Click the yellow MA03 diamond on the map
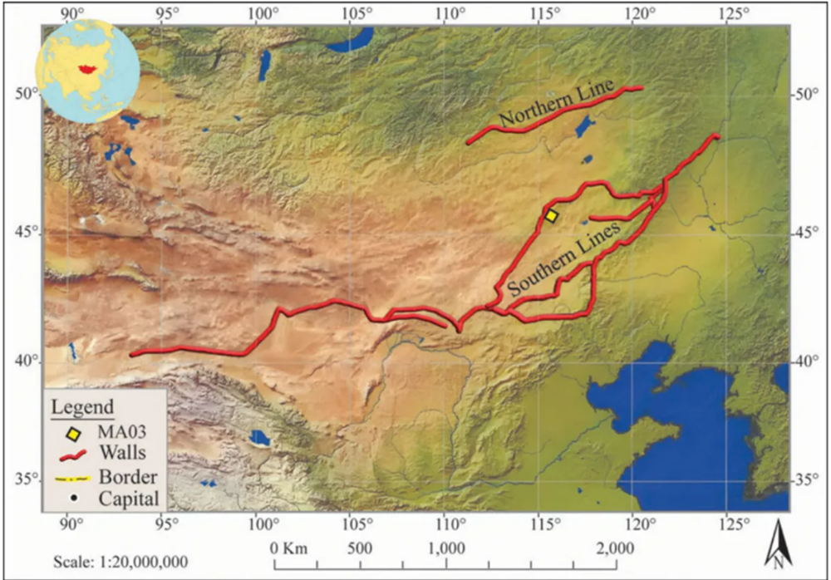click(551, 215)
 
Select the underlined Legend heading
click(81, 408)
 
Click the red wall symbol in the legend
click(73, 455)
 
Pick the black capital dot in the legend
click(73, 499)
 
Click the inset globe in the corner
click(81, 71)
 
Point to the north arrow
click(777, 544)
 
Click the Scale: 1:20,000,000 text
click(120, 561)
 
